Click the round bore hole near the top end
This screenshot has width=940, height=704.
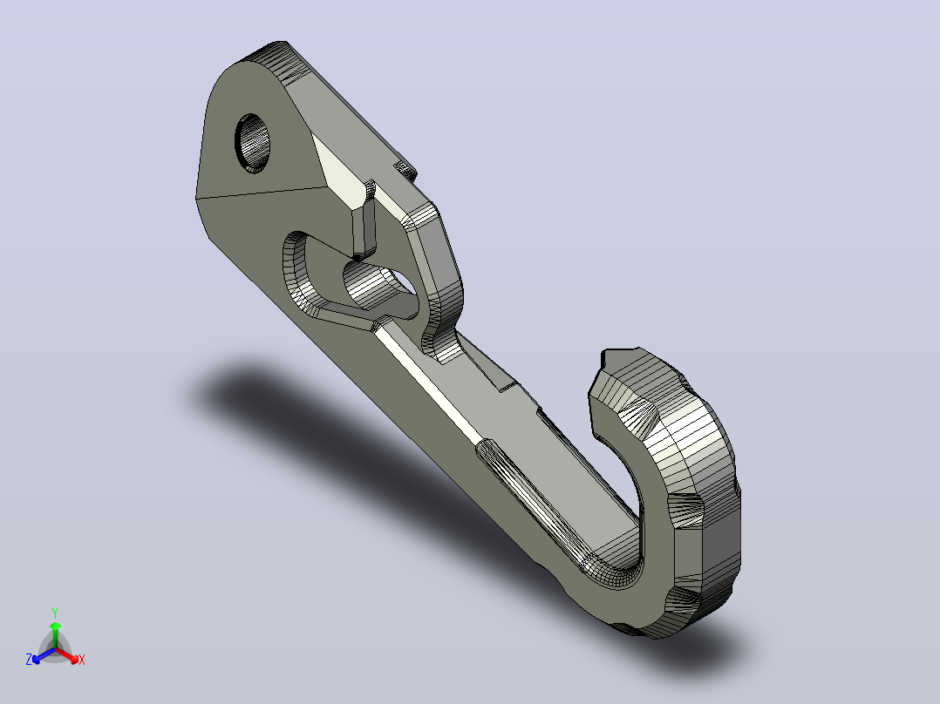click(x=252, y=143)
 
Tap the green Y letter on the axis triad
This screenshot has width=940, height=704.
click(x=55, y=613)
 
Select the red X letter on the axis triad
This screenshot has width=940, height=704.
click(x=82, y=660)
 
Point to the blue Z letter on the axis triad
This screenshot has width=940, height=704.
click(x=29, y=659)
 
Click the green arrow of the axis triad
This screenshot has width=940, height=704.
click(x=55, y=634)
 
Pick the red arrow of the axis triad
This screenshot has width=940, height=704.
click(x=68, y=655)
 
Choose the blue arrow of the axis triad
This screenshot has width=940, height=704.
click(x=44, y=655)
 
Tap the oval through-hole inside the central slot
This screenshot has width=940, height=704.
click(x=378, y=287)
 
